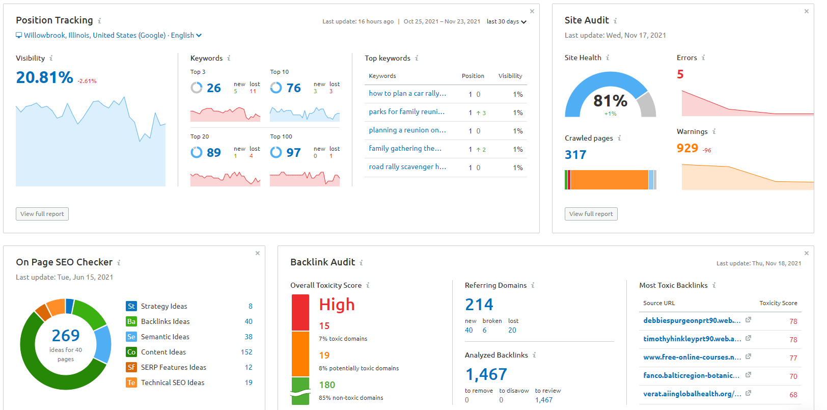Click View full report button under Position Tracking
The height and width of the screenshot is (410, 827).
[x=42, y=214]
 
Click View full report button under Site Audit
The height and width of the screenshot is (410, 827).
[x=591, y=214]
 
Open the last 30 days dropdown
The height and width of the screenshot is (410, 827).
[x=506, y=21]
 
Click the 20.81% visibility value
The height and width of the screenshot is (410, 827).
[x=44, y=77]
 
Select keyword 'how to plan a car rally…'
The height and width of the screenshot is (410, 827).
[x=407, y=94]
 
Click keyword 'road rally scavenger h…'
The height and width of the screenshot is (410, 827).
[x=407, y=167]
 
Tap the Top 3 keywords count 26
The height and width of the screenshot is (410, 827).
[x=213, y=88]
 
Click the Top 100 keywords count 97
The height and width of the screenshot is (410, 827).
[x=293, y=153]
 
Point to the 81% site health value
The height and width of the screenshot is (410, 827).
[x=610, y=101]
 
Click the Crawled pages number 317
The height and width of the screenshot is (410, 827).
[x=575, y=155]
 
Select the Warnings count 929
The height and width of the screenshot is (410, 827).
[x=687, y=148]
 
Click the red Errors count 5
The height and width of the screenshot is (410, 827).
[x=680, y=74]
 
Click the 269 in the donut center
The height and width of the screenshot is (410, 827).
[x=66, y=336]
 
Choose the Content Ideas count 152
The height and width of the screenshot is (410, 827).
[x=246, y=352]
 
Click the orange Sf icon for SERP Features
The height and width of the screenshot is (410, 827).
[x=131, y=367]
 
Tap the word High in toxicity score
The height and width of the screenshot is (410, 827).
[x=337, y=305]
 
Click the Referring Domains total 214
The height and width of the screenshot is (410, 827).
[x=479, y=305]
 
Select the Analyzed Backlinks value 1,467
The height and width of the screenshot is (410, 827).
[x=486, y=374]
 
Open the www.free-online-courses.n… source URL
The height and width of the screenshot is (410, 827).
[x=692, y=357]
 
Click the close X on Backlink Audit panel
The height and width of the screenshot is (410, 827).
[x=806, y=253]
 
